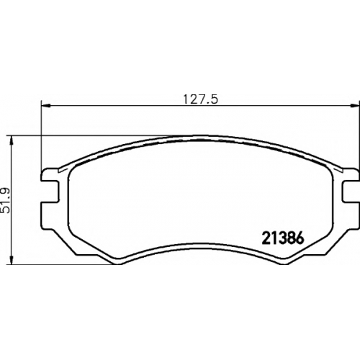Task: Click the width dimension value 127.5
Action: (x=201, y=99)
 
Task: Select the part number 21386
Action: (x=283, y=238)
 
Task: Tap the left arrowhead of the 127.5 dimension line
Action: (x=46, y=106)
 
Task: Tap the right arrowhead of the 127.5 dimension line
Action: (x=355, y=106)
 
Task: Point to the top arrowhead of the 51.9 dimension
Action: (x=11, y=141)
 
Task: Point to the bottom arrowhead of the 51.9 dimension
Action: (x=11, y=260)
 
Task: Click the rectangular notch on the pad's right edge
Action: (x=351, y=192)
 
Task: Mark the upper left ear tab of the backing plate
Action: (x=50, y=175)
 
